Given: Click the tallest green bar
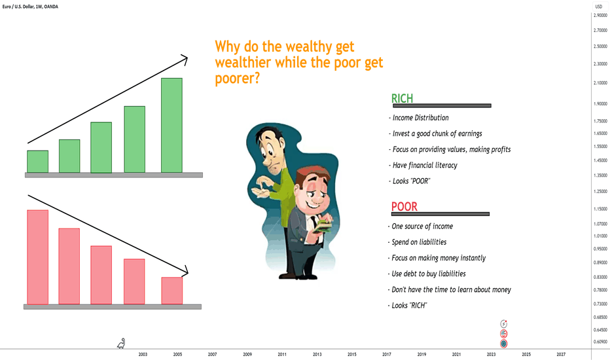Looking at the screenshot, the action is point(171,125).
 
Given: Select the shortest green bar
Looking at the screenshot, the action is point(38,162).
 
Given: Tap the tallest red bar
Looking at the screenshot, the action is point(38,257).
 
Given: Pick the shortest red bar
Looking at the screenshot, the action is point(172,291).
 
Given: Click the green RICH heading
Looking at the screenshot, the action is point(402,98).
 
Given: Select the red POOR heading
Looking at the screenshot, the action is point(404,206).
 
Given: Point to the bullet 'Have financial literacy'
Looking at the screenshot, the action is point(423,166).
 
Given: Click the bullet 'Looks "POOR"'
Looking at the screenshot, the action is point(409,181).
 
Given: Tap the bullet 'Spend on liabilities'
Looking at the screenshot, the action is point(417,242).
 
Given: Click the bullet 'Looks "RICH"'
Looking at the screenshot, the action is point(407,306).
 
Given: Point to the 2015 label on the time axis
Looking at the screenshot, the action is point(351,355).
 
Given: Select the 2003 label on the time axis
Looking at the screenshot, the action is point(143,355).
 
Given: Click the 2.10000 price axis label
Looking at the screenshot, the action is point(600,83).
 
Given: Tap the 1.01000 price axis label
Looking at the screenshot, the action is point(600,236).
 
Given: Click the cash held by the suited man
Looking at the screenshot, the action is point(324,226).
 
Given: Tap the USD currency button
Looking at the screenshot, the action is point(599,7).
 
